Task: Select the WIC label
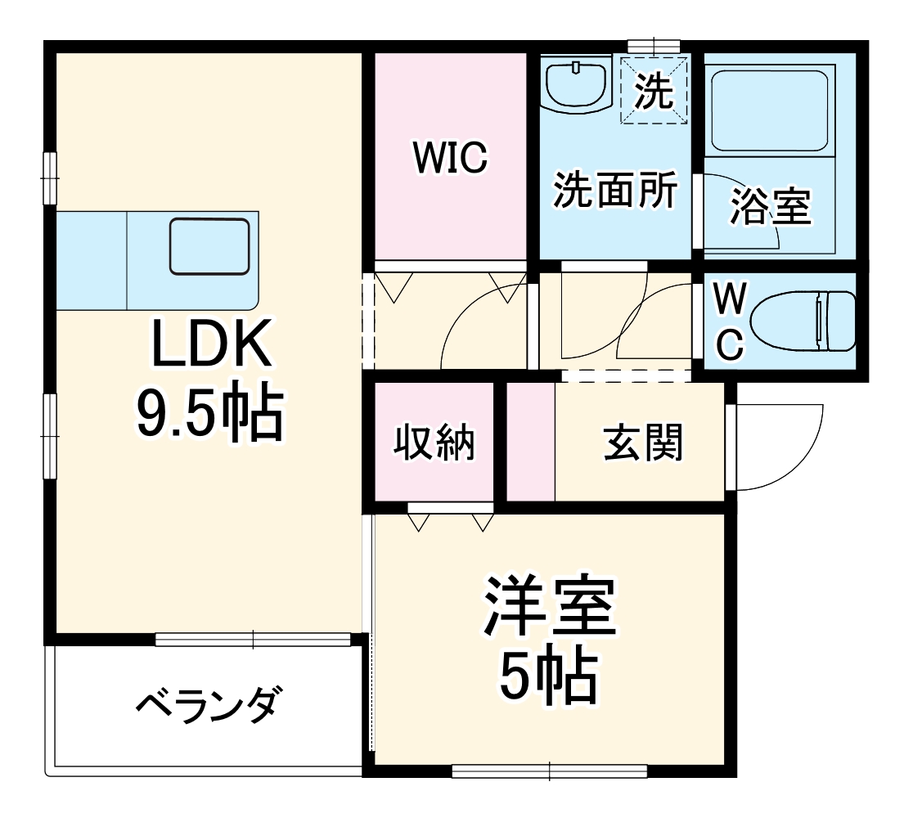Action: [450, 157]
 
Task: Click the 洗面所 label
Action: [615, 191]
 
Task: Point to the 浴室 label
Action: [771, 206]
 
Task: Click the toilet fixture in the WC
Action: [802, 321]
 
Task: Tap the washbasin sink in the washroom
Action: [577, 85]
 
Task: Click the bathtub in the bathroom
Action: [769, 110]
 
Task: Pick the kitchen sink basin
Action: [209, 246]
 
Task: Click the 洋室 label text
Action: [549, 607]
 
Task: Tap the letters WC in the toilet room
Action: [730, 321]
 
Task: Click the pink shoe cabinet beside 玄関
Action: [530, 441]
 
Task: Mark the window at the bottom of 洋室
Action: [549, 771]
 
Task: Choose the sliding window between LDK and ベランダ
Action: [254, 639]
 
